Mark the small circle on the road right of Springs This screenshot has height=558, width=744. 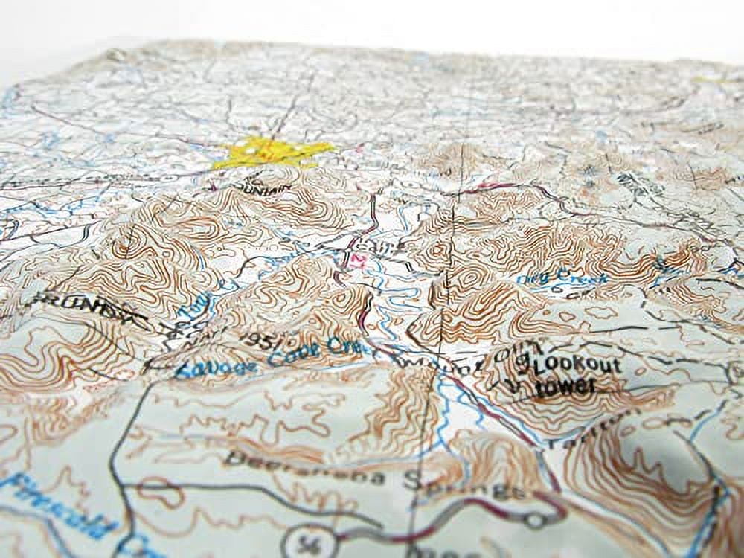(x=533, y=520)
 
